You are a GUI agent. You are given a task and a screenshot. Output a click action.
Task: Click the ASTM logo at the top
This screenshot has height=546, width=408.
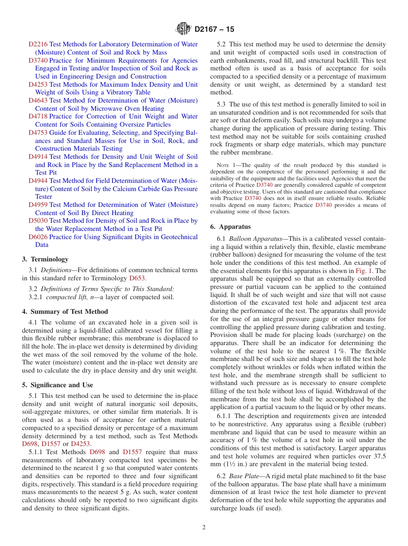(x=183, y=29)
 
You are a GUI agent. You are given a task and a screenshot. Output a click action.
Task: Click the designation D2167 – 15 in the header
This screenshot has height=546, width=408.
(x=214, y=30)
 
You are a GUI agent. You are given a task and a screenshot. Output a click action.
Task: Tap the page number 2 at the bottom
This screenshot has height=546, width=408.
(x=204, y=528)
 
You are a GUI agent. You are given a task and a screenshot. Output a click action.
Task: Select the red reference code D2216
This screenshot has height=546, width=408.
(x=38, y=44)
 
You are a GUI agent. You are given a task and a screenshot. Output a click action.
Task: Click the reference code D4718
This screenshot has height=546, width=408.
(x=38, y=116)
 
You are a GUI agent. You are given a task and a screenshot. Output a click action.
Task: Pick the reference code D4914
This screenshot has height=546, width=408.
(x=38, y=157)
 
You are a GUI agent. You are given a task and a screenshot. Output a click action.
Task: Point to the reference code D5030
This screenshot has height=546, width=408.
(x=38, y=221)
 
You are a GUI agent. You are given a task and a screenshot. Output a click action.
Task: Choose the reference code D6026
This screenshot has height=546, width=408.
(x=38, y=237)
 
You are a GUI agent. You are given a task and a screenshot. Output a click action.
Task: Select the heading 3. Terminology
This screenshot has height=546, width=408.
(x=45, y=259)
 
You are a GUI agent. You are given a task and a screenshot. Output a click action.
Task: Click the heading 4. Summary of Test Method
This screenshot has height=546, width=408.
(x=65, y=312)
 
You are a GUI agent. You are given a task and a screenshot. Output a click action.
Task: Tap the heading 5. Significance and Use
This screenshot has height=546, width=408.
(x=58, y=385)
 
